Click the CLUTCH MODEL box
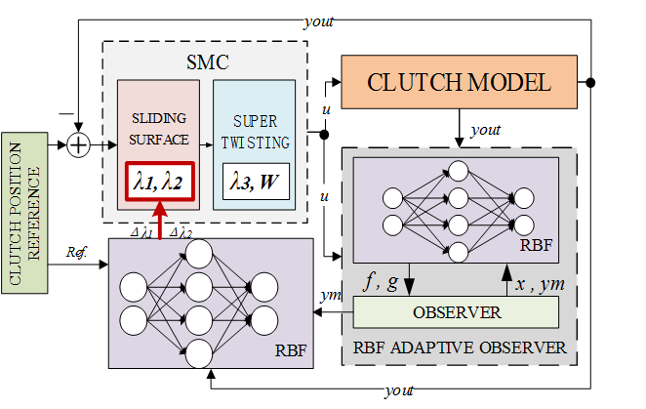click(459, 81)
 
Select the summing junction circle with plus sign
click(78, 144)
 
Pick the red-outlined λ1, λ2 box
click(157, 181)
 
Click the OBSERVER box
click(457, 312)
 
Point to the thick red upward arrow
click(158, 217)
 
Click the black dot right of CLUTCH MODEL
click(590, 81)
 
